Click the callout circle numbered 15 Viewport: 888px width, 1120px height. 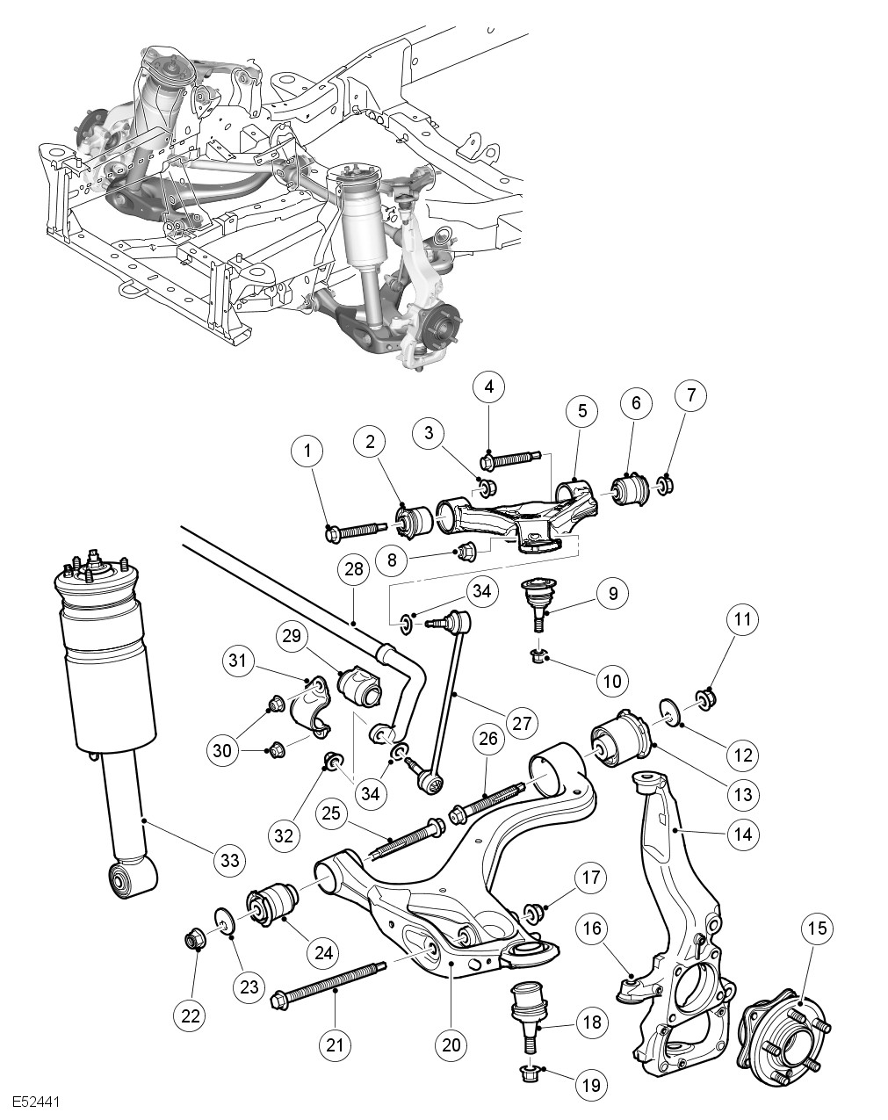click(x=818, y=929)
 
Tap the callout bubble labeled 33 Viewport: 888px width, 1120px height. click(x=229, y=860)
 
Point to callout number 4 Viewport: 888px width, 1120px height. click(x=489, y=386)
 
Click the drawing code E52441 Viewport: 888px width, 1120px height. click(x=36, y=1101)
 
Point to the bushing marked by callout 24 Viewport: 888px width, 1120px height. click(x=274, y=905)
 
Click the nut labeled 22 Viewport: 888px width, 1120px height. click(x=194, y=939)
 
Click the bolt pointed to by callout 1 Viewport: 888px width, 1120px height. click(x=355, y=531)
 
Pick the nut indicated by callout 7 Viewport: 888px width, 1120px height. click(x=665, y=482)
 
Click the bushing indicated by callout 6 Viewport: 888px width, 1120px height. click(x=630, y=488)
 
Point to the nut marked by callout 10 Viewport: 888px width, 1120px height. click(x=540, y=655)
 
